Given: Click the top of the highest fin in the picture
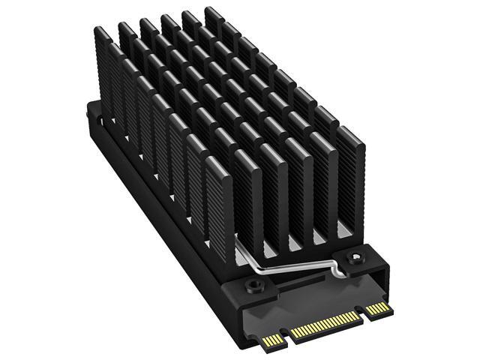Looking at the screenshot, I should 212,10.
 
